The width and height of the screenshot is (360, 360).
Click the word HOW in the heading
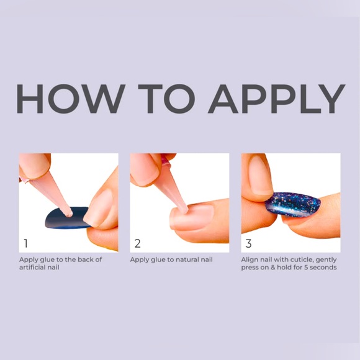(71, 99)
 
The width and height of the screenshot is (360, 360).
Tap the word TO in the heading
(166, 99)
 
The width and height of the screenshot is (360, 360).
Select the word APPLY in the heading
(276, 99)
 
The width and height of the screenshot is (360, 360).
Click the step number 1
(25, 243)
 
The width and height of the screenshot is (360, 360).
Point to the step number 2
(138, 243)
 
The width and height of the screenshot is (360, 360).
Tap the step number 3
(248, 243)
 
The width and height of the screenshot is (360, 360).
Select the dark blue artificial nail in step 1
(66, 218)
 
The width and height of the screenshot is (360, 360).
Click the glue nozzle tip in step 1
(69, 214)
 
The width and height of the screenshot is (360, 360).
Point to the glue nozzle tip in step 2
(184, 210)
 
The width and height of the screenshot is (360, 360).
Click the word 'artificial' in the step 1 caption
(33, 268)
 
